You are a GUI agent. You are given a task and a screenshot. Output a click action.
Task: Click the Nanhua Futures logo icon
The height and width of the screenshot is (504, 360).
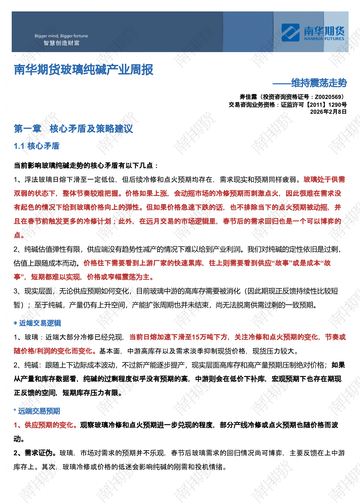290,32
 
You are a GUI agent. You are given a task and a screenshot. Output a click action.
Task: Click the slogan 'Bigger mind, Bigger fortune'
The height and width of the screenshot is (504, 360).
61,36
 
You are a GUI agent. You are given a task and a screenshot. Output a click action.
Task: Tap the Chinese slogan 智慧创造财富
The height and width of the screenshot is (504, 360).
61,43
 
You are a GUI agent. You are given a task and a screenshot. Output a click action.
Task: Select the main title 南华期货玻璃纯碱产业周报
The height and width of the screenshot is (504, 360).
84,70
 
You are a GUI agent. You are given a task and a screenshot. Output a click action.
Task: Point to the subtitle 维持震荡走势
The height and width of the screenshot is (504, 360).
319,83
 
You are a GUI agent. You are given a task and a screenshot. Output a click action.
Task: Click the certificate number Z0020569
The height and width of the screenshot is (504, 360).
328,97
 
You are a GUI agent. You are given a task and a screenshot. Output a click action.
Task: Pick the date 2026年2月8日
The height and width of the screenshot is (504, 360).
328,112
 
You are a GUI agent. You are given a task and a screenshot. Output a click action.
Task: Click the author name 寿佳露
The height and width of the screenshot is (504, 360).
248,97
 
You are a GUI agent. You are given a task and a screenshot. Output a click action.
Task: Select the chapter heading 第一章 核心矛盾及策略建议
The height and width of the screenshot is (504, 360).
73,128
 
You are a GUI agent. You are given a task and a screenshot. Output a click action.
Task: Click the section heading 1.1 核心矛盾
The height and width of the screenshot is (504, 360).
37,146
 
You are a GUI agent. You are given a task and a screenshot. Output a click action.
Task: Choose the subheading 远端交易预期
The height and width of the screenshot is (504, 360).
39,411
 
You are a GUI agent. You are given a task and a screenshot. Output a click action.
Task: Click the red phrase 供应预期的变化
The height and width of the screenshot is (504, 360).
49,425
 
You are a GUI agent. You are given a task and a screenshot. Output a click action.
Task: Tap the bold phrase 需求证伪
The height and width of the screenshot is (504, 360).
38,453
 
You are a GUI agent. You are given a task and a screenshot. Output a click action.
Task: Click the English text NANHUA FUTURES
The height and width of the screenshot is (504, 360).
324,39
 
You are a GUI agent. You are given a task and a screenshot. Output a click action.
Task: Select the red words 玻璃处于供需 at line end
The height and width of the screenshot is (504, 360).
324,180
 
